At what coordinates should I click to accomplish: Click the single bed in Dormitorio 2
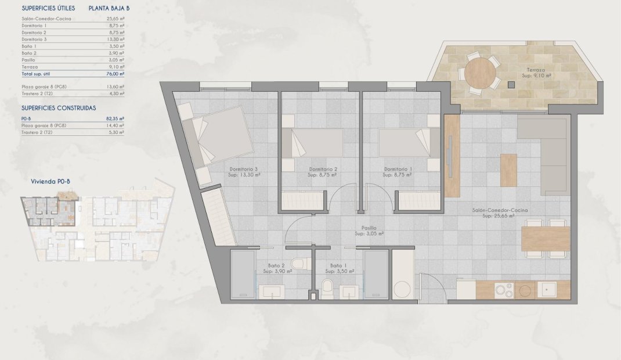[312, 143]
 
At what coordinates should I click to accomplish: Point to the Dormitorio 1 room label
[398, 170]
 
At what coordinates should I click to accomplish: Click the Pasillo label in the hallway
[369, 228]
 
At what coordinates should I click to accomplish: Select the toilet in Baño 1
[327, 287]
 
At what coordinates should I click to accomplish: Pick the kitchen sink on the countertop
[547, 289]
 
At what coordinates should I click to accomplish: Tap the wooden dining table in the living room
[546, 239]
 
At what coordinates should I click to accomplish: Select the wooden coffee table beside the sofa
[508, 170]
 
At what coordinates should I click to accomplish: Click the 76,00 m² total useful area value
[116, 74]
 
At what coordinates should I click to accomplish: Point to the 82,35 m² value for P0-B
[116, 118]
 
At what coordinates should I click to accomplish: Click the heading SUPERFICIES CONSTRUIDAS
[59, 108]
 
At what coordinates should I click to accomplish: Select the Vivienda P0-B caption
[51, 181]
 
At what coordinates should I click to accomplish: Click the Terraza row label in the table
[30, 67]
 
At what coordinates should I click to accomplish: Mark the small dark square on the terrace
[511, 84]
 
